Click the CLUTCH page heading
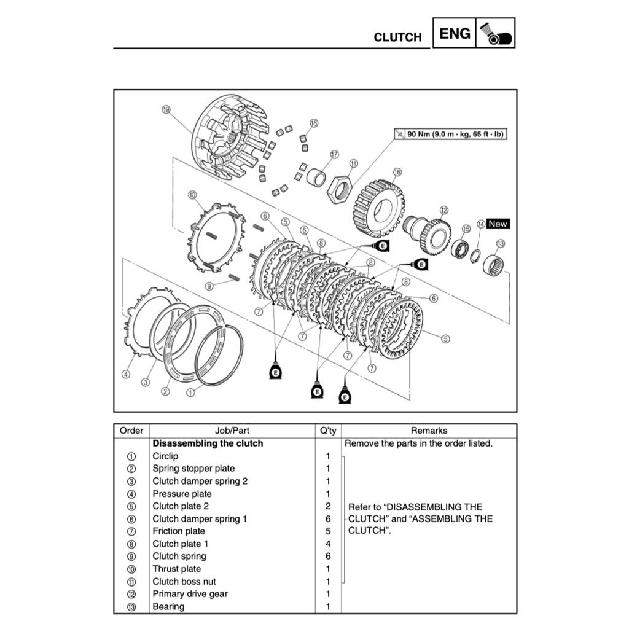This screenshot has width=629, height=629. coord(397,37)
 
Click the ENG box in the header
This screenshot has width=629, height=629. coord(455,33)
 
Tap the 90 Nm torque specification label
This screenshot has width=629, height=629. coord(451,133)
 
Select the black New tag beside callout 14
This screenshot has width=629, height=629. coord(498,224)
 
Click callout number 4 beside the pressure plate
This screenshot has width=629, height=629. coord(125,374)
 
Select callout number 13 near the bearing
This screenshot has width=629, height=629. coord(500,243)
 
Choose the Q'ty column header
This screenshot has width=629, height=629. coord(328,431)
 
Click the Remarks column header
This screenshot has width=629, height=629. coord(429,431)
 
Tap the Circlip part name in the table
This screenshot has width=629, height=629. coord(165,456)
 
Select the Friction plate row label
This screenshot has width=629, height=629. coord(179,531)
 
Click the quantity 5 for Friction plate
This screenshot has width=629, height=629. coord(328,531)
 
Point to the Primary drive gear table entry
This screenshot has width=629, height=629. coord(190,594)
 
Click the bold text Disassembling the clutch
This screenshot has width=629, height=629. coord(208,443)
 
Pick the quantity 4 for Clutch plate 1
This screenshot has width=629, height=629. coord(328,544)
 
